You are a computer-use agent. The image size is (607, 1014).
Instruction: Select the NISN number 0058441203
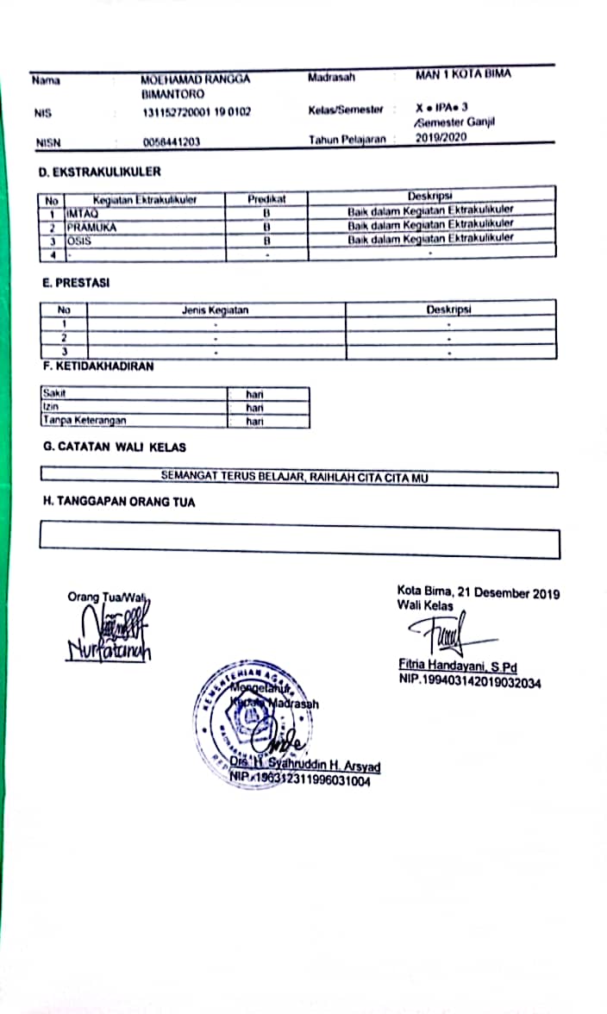[x=172, y=142]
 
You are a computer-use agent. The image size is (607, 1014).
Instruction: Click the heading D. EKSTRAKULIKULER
[x=100, y=172]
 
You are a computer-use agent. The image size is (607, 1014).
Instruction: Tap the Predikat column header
[x=266, y=199]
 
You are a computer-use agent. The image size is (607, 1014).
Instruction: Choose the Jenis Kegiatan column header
[x=216, y=310]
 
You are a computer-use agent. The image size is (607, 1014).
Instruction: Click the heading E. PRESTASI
[x=77, y=282]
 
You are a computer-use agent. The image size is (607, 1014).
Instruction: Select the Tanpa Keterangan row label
[x=84, y=421]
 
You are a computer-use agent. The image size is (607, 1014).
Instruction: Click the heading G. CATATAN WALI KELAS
[x=115, y=448]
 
